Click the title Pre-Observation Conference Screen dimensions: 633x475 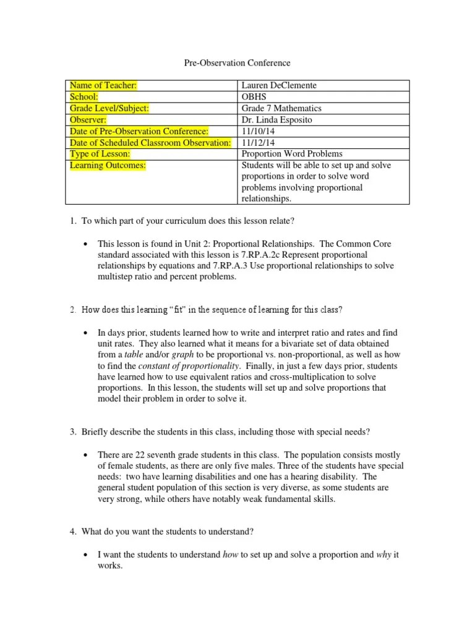point(237,63)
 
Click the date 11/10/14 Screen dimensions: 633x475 point(255,131)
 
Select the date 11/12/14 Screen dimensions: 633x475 point(255,142)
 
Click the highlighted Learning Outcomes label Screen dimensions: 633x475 point(107,165)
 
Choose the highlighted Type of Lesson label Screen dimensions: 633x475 point(100,154)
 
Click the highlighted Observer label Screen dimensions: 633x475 point(88,120)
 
